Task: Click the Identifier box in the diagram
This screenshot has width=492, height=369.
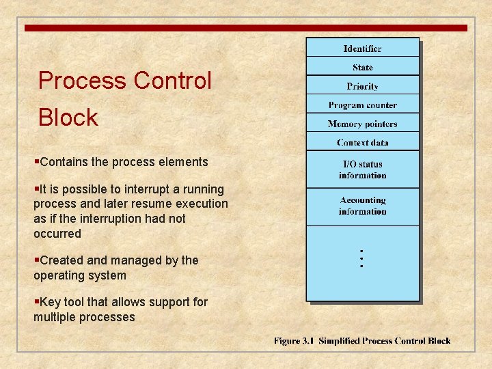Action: tap(362, 49)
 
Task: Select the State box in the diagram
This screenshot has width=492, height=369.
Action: tap(362, 67)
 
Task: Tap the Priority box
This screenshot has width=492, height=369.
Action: tap(362, 86)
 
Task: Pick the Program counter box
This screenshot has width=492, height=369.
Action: tap(362, 105)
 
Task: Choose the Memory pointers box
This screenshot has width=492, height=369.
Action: tap(362, 124)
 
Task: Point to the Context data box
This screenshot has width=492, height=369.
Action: tap(362, 143)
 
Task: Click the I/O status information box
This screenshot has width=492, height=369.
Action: tap(362, 169)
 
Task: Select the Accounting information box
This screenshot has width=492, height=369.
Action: tap(362, 206)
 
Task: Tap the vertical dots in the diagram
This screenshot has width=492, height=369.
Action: tap(361, 258)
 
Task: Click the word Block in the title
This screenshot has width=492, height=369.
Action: tap(68, 118)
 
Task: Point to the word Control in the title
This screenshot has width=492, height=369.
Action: tap(173, 81)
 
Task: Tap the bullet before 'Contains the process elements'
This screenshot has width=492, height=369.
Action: tap(36, 162)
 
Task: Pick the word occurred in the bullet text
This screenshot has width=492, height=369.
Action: tap(57, 234)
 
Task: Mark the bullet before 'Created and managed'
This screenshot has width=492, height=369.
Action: tap(36, 260)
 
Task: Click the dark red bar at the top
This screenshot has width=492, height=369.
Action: tap(246, 28)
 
